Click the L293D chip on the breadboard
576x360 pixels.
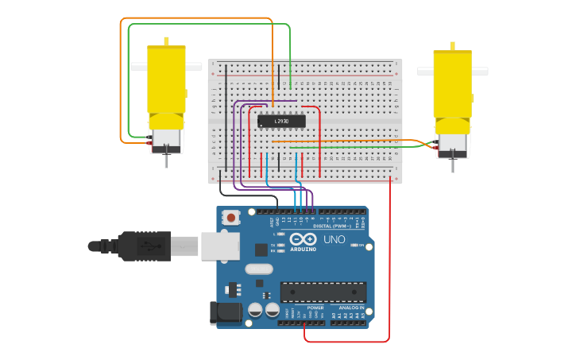click(x=280, y=121)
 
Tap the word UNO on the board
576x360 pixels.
click(x=334, y=239)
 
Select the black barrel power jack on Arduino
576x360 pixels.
click(x=225, y=313)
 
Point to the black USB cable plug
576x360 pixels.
click(x=143, y=246)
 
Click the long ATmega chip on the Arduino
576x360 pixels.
click(x=323, y=292)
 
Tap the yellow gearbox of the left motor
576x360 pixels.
click(x=166, y=79)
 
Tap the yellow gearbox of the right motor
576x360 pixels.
click(x=452, y=83)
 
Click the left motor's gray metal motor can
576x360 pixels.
click(x=166, y=138)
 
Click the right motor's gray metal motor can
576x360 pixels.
click(x=452, y=142)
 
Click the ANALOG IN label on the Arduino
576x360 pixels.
click(x=350, y=308)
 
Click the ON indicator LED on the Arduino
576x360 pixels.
click(x=353, y=246)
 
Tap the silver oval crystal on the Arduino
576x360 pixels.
click(x=259, y=269)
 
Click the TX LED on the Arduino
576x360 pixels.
click(x=280, y=245)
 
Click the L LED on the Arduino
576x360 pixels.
click(x=280, y=234)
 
